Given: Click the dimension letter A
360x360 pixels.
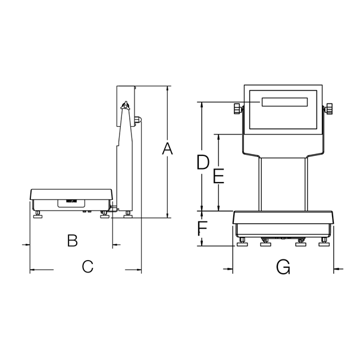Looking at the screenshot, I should pyautogui.click(x=168, y=149).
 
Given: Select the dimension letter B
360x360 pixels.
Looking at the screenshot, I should pyautogui.click(x=72, y=241).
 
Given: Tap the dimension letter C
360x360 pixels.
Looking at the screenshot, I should pyautogui.click(x=87, y=267).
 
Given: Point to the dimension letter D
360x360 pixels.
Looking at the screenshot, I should pyautogui.click(x=203, y=162).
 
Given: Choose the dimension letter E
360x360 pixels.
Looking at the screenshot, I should pyautogui.click(x=218, y=177).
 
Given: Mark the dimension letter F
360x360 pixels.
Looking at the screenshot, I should pyautogui.click(x=202, y=228).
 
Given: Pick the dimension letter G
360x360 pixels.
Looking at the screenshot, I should pyautogui.click(x=283, y=268).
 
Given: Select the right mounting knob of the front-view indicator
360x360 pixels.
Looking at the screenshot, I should pyautogui.click(x=329, y=109).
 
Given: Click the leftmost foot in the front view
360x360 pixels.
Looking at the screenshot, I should pyautogui.click(x=243, y=243).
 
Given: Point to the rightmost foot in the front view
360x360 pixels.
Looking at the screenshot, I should pyautogui.click(x=324, y=243).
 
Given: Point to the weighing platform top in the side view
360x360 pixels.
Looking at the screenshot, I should pyautogui.click(x=71, y=190).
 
